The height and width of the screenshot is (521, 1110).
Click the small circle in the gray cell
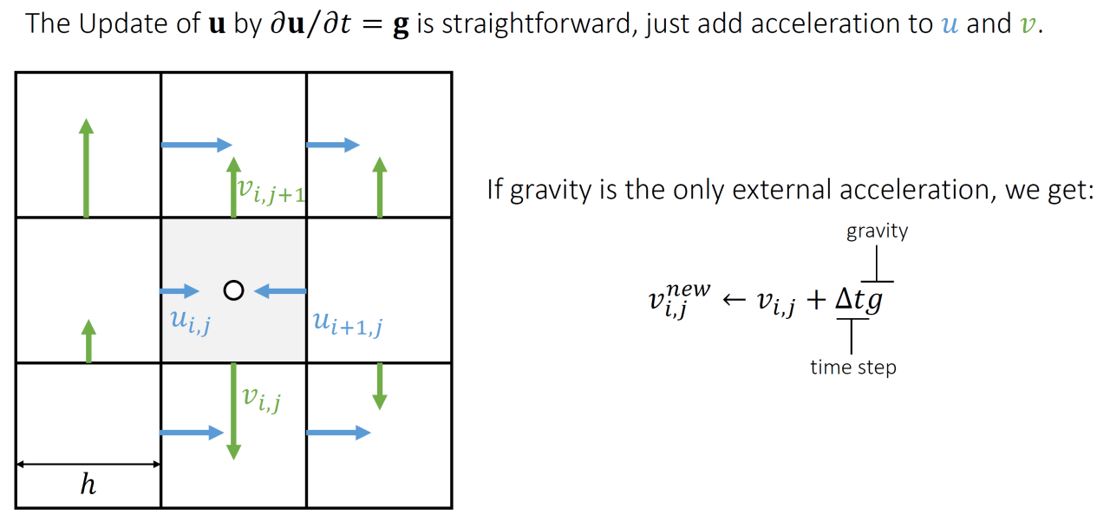click(x=232, y=290)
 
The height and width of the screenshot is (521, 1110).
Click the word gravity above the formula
click(x=877, y=231)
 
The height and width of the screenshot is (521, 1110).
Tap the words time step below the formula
click(x=853, y=368)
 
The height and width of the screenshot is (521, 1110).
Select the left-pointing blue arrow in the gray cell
click(x=279, y=291)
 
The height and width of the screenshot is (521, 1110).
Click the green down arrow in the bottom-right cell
click(x=379, y=387)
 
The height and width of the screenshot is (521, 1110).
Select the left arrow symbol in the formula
click(x=734, y=301)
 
